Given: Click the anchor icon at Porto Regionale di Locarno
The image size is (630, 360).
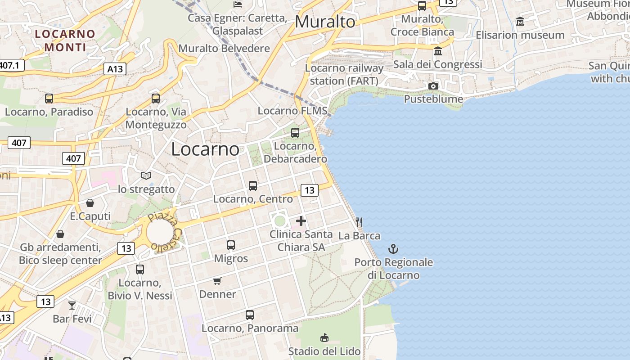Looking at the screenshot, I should [393, 249].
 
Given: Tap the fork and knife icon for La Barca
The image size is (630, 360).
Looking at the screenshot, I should [359, 222].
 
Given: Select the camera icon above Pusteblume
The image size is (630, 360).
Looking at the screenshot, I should [433, 86].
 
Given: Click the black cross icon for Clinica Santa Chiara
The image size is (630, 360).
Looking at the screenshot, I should [301, 221].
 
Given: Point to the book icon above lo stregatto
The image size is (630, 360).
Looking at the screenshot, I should [146, 175].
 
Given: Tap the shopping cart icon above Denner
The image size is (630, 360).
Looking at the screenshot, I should [217, 281].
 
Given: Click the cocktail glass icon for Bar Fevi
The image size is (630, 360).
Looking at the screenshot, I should [72, 306].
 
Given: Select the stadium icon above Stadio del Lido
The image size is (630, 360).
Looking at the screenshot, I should [324, 337].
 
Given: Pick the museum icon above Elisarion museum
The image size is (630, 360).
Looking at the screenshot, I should [520, 21].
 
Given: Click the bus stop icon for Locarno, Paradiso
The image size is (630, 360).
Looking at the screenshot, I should [49, 98].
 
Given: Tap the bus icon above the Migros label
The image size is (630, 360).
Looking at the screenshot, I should [231, 245].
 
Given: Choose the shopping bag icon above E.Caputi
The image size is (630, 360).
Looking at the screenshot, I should [90, 203].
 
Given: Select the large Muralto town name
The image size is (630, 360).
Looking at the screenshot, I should [325, 22].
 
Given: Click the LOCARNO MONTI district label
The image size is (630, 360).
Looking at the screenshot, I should [65, 40].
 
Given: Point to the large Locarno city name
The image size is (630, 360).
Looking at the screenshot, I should [205, 149].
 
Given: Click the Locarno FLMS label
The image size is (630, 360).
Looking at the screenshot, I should [292, 111].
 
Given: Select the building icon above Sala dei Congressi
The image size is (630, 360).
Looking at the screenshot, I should [437, 50].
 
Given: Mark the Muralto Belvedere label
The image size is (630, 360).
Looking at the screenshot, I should [224, 49].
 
